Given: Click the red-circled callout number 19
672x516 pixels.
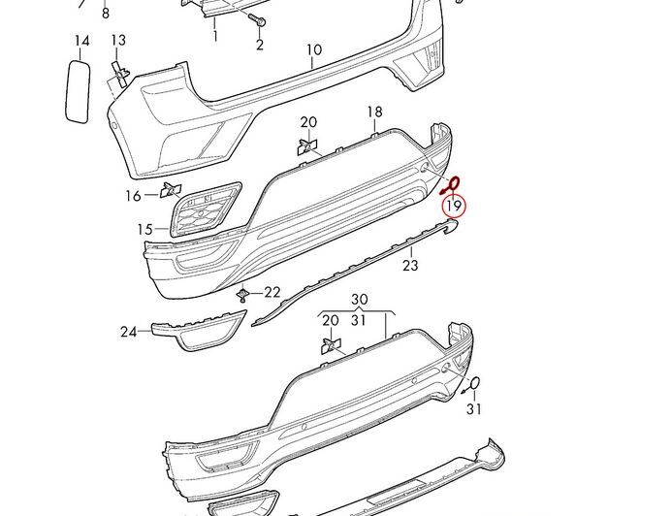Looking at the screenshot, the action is pyautogui.click(x=454, y=207).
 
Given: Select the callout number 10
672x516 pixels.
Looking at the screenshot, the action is pyautogui.click(x=314, y=49).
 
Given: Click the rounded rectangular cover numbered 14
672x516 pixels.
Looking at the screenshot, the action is pyautogui.click(x=78, y=92).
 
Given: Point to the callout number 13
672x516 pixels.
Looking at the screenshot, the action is pyautogui.click(x=118, y=41).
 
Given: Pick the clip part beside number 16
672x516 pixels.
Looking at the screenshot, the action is pyautogui.click(x=171, y=190).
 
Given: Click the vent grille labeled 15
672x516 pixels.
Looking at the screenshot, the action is pyautogui.click(x=207, y=209).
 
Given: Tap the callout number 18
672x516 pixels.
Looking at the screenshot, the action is pyautogui.click(x=374, y=112).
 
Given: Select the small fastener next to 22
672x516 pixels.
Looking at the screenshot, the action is pyautogui.click(x=243, y=295).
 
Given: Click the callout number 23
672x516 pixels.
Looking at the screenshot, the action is pyautogui.click(x=410, y=266).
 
